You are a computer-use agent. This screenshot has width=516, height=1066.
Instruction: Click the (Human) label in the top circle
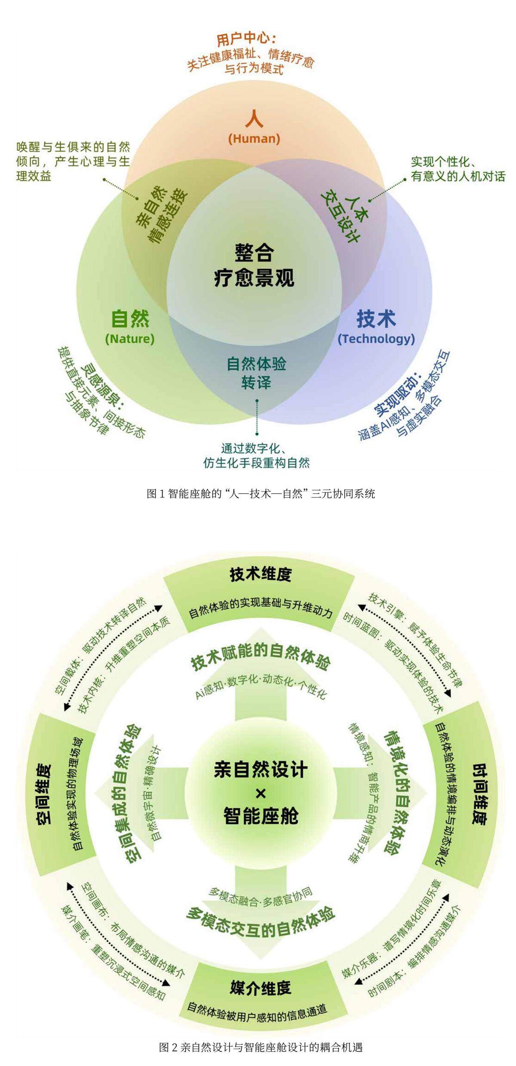tap(254, 139)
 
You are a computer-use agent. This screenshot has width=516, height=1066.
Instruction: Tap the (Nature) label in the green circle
tap(129, 339)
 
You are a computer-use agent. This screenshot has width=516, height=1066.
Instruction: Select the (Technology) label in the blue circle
tap(376, 339)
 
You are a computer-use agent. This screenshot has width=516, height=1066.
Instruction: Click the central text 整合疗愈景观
tap(254, 265)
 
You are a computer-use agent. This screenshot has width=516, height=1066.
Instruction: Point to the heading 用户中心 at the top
tap(246, 40)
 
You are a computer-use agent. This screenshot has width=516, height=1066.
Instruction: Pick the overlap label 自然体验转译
tap(256, 373)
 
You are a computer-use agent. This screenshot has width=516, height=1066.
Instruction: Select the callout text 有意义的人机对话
tap(458, 176)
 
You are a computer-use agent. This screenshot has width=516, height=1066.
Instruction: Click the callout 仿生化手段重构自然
tap(256, 463)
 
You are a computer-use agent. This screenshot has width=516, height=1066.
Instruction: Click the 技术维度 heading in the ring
tap(261, 574)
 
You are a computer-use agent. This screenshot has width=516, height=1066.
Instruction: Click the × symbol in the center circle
tap(261, 792)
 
